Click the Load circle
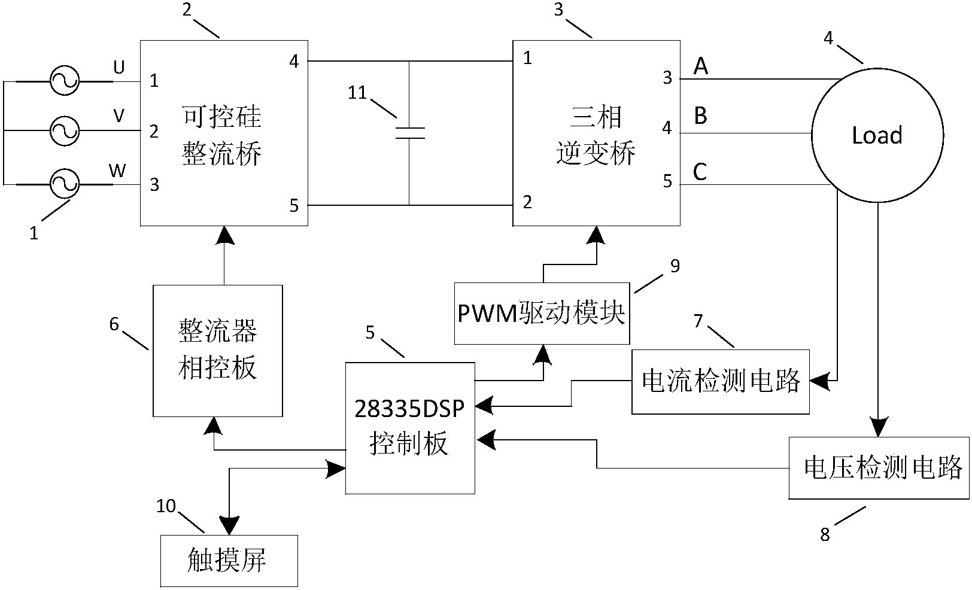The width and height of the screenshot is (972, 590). point(877,136)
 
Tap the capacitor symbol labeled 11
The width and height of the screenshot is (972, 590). point(410,133)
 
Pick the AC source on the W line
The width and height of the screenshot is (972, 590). point(64,184)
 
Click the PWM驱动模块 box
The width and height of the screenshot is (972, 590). point(542,314)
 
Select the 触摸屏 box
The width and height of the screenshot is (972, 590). point(229,561)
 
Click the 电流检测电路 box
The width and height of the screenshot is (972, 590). point(721,381)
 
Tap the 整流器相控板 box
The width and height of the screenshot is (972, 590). point(218,351)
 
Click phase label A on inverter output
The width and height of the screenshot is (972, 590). point(700,66)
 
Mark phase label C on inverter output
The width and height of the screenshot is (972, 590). point(700,172)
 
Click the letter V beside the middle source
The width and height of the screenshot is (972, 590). point(119,115)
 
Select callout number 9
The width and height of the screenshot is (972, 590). point(675,266)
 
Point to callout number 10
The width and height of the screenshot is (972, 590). point(166,506)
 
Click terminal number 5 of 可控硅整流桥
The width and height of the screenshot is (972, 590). point(294,206)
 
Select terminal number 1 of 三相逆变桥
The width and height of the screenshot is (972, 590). point(527,58)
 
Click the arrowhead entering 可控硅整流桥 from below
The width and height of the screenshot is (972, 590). point(224,235)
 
